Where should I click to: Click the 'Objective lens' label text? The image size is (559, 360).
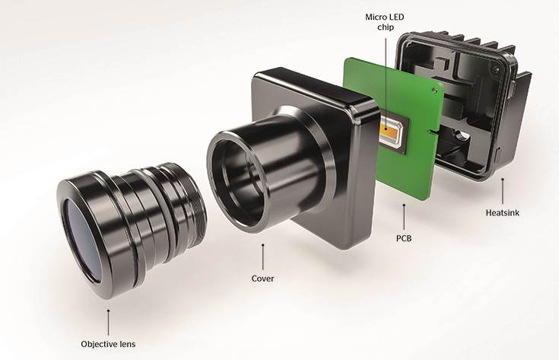click(x=108, y=344)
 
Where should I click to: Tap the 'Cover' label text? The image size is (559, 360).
click(x=262, y=279)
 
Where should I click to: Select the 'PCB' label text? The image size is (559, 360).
click(x=404, y=238)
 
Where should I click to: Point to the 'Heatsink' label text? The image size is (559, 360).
click(x=503, y=213)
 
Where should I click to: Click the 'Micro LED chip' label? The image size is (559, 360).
click(x=385, y=22)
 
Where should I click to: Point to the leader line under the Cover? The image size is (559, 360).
click(x=263, y=257)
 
